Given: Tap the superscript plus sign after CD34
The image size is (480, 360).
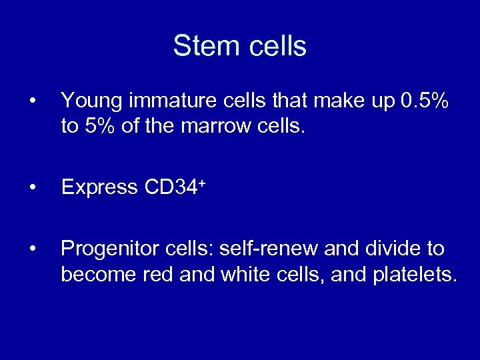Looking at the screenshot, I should pos(199,182).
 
